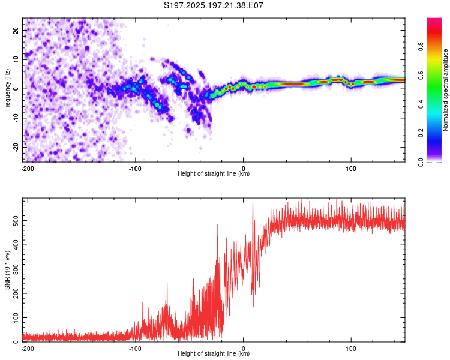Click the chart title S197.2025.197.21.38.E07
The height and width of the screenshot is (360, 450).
point(213,5)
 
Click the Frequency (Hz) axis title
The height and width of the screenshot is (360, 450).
point(7,90)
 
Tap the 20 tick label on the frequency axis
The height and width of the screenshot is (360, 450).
point(16,30)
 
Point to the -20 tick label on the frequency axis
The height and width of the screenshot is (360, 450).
point(16,147)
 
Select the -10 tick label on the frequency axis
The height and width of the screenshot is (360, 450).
point(16,118)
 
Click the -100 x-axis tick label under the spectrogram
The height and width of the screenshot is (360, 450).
point(135,169)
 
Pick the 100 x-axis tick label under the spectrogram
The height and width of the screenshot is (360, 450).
point(351,169)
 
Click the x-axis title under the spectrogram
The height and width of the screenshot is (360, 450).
point(214,173)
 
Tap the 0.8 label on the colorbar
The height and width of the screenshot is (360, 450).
point(421,47)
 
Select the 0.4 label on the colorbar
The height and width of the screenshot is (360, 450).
point(421,104)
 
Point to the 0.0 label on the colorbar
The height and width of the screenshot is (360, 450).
point(421,162)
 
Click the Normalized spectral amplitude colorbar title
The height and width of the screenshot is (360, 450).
point(445,90)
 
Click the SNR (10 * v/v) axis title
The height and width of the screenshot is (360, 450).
point(7,270)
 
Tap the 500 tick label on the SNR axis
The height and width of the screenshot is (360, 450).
point(16,220)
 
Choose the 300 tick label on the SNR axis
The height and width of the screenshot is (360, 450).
point(16,269)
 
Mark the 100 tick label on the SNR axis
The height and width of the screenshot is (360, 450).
point(16,317)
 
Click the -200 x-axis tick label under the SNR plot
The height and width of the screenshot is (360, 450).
point(28,349)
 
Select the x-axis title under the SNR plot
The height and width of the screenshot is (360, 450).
point(214,353)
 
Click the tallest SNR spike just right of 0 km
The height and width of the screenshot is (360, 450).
point(253,201)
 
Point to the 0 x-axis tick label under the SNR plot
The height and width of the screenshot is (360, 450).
point(244,349)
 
